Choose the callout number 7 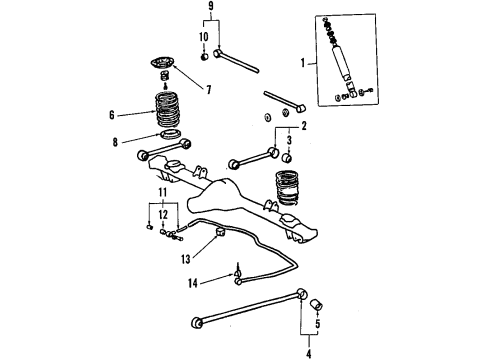pos(208,91)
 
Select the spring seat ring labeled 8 pos(171,137)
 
